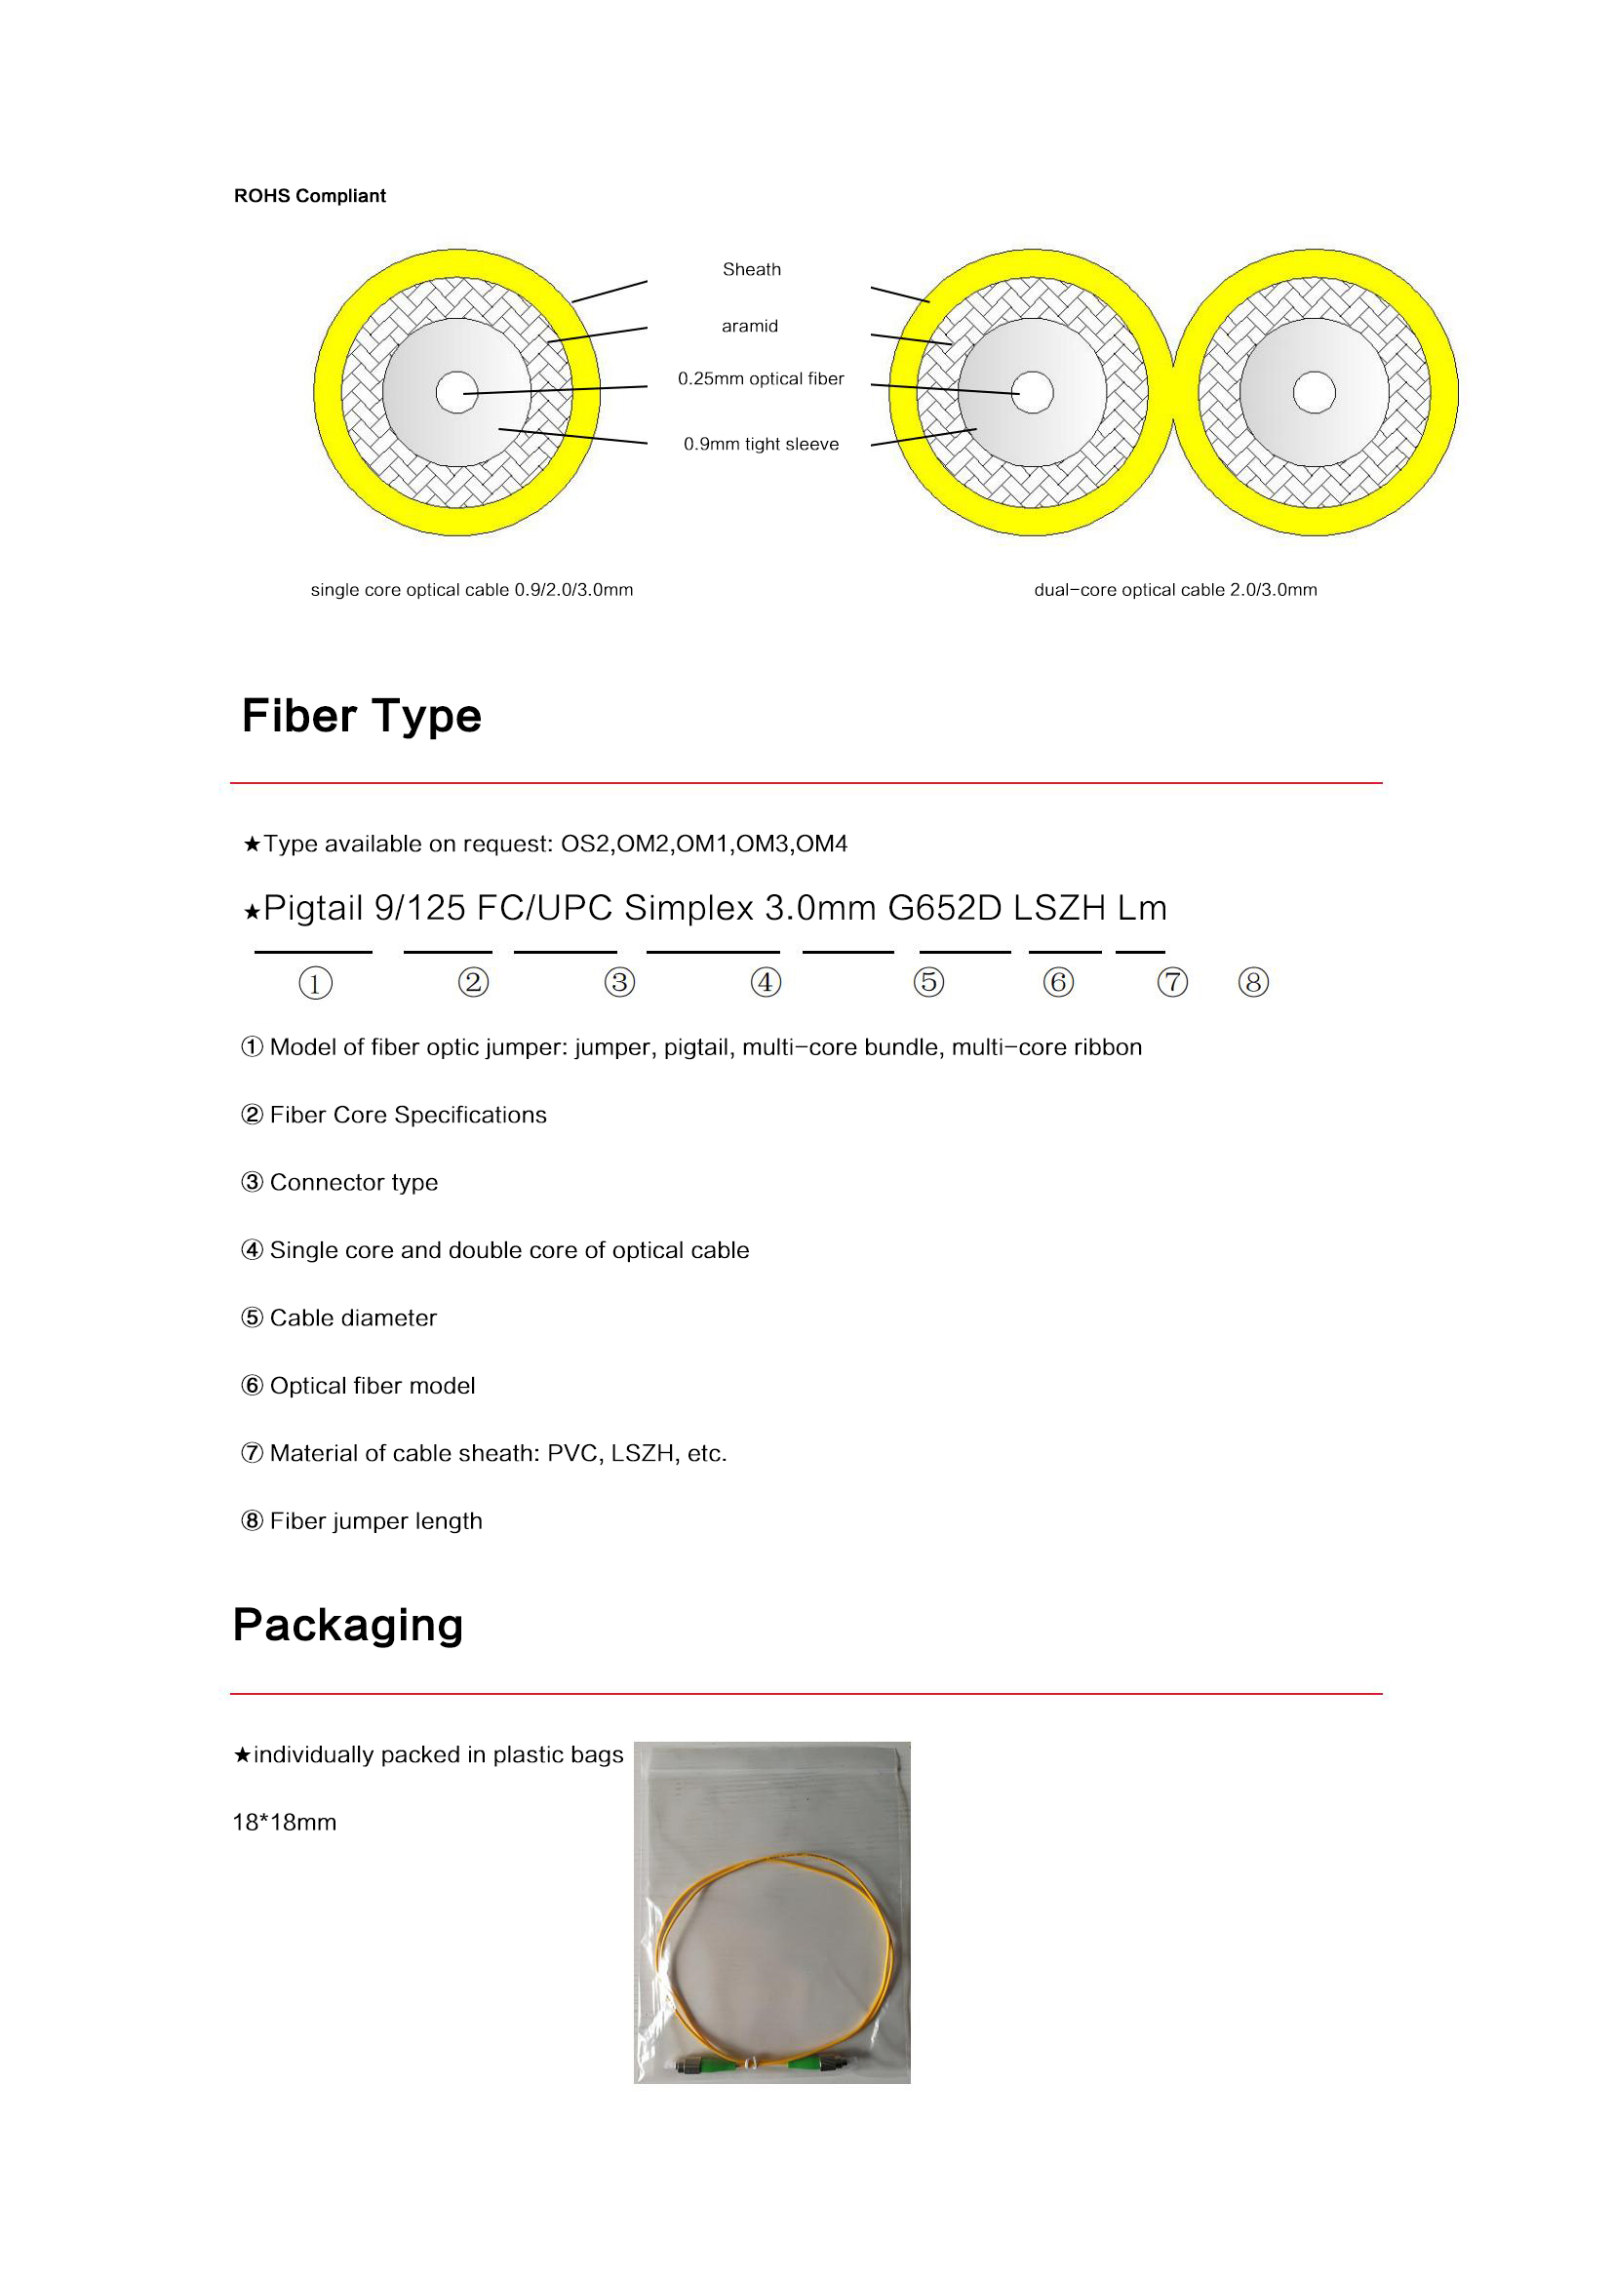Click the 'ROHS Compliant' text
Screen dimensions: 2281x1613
click(310, 196)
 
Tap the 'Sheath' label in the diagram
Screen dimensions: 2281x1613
click(752, 269)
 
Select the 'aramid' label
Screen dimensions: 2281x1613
click(750, 326)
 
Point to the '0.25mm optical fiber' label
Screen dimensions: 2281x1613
click(761, 378)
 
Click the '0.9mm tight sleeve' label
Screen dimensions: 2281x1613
click(761, 444)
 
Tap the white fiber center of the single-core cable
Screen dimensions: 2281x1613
click(456, 392)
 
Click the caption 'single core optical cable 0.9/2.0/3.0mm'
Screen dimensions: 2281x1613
click(472, 590)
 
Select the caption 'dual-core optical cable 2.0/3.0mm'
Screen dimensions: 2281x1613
click(1175, 590)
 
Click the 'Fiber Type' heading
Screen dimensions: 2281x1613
click(362, 717)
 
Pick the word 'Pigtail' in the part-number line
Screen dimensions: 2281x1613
click(313, 908)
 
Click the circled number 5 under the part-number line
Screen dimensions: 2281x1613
click(928, 983)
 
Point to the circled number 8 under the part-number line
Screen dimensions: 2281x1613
click(1253, 983)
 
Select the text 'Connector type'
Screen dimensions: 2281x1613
click(354, 1182)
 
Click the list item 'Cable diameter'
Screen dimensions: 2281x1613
click(353, 1317)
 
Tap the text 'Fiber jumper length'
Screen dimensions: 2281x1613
click(375, 1521)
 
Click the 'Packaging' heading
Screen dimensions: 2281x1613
click(348, 1626)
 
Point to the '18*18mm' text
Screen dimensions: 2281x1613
click(285, 1822)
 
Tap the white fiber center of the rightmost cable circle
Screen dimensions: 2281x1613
click(1314, 392)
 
